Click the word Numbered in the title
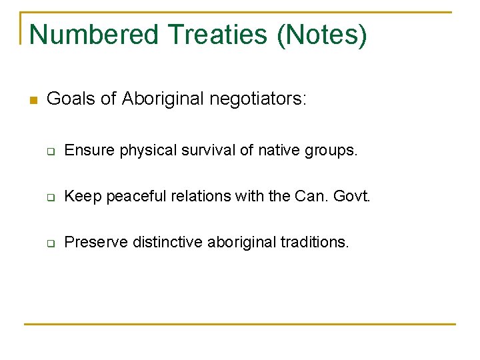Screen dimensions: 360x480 94,34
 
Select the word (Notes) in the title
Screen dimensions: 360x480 323,34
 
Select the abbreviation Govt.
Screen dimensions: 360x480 352,197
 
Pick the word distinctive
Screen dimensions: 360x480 167,242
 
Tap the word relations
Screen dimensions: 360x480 198,197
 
